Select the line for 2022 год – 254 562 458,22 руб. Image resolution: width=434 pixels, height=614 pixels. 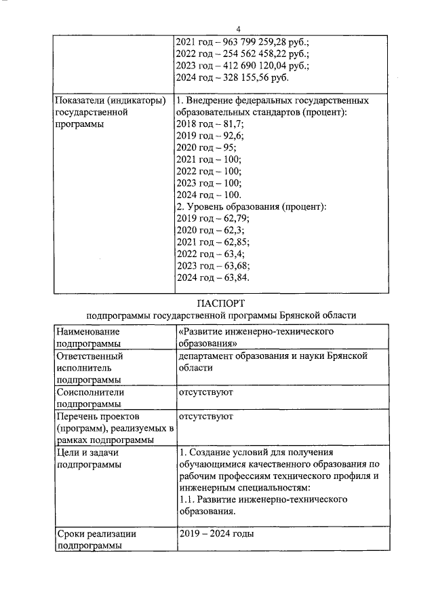[x=242, y=54]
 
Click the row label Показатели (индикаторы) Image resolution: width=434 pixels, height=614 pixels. [x=111, y=100]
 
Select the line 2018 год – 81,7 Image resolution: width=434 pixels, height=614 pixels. [x=210, y=125]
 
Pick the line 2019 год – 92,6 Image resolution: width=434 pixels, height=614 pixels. [x=211, y=137]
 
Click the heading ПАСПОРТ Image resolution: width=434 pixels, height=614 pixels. [x=221, y=302]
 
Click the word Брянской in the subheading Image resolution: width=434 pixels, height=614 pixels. [x=304, y=315]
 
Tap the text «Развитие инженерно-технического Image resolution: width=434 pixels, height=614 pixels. [x=258, y=332]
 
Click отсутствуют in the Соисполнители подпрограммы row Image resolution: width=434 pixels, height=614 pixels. [x=206, y=392]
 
